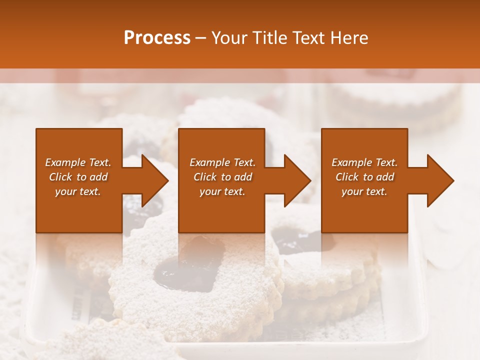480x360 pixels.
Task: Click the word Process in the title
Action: pyautogui.click(x=157, y=38)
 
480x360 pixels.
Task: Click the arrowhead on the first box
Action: pyautogui.click(x=155, y=180)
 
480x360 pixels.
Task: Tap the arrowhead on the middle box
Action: pyautogui.click(x=297, y=180)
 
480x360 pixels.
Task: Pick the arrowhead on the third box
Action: pyautogui.click(x=440, y=180)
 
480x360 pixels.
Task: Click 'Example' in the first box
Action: pyautogui.click(x=65, y=162)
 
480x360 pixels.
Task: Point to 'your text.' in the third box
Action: pyautogui.click(x=364, y=191)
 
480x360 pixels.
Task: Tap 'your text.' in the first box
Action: pyautogui.click(x=78, y=191)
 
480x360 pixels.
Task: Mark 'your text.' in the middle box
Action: pyautogui.click(x=222, y=191)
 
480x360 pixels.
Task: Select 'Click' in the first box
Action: pyautogui.click(x=61, y=177)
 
